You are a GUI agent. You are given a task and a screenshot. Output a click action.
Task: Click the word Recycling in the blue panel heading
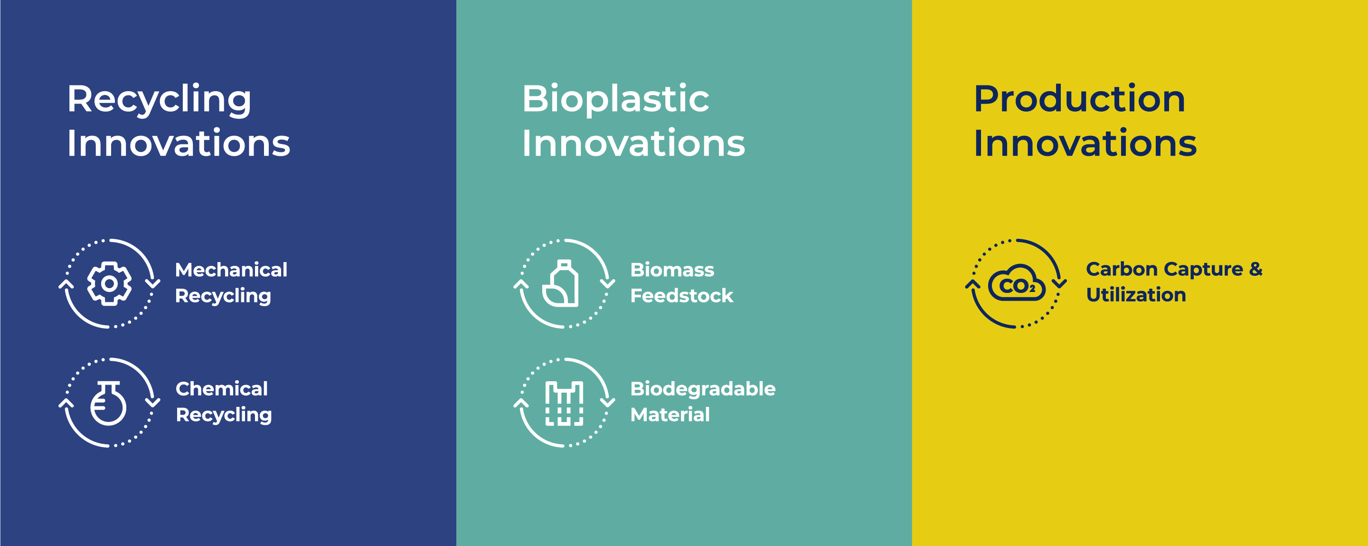(x=159, y=100)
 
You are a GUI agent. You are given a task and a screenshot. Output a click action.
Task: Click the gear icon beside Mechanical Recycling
(x=109, y=283)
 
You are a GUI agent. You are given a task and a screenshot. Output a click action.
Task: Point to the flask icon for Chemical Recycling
(x=108, y=403)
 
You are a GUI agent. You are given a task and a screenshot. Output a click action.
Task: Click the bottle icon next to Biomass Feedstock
(x=561, y=283)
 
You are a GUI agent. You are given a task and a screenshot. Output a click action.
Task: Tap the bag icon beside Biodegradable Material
(x=564, y=404)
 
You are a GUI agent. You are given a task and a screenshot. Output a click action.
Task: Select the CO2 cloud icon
(x=1017, y=283)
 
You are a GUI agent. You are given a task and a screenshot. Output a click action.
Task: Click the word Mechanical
(x=231, y=270)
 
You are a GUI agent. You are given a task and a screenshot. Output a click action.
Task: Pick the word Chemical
(x=221, y=389)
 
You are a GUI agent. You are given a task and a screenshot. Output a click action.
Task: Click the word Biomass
(x=672, y=270)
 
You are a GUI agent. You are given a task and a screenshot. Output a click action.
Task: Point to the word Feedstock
(x=681, y=296)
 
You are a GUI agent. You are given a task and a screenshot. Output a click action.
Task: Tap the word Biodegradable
(x=703, y=389)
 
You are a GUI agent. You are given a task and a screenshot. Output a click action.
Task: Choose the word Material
(x=670, y=415)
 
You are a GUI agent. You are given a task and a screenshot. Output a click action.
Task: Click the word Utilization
(x=1136, y=295)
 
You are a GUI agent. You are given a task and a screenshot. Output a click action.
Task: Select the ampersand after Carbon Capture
(x=1255, y=269)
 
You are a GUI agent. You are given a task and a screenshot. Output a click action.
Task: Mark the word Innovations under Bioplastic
(x=633, y=143)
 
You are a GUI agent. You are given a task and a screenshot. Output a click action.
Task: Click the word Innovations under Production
(x=1085, y=143)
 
